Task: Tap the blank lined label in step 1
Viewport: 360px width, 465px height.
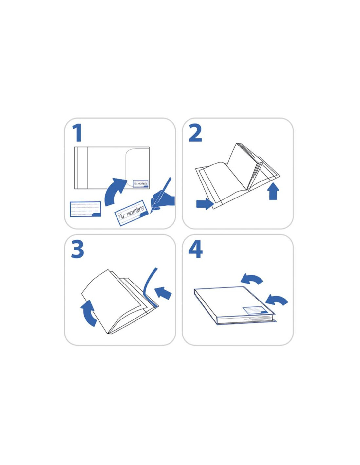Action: point(85,209)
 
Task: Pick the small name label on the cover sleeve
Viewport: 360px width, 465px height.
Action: point(140,183)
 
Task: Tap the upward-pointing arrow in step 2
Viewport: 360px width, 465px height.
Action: point(274,191)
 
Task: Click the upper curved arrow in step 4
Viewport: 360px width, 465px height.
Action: point(252,279)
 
